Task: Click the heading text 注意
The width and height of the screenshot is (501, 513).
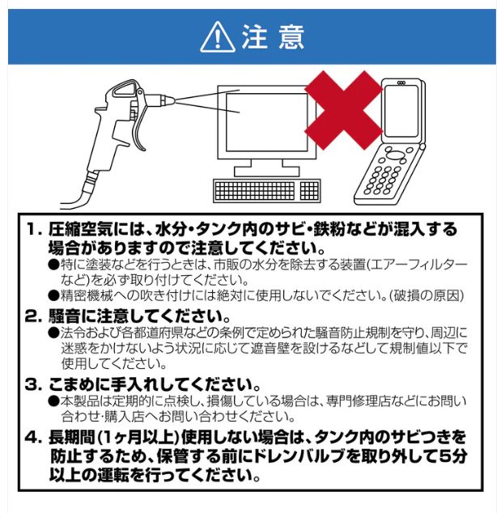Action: point(272,37)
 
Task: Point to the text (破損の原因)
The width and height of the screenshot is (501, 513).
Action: point(423,295)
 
